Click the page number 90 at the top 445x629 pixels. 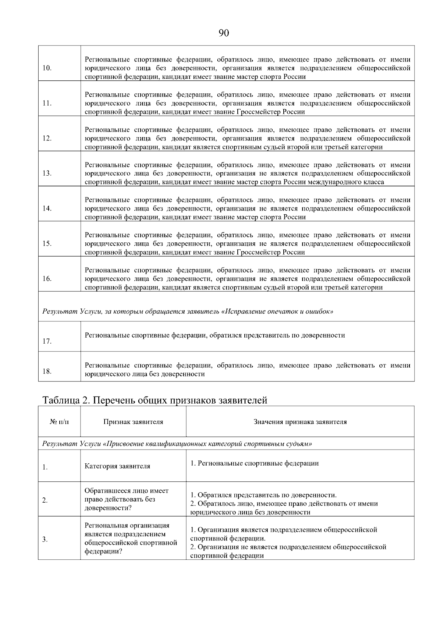[x=224, y=33]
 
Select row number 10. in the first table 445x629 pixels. [x=47, y=68]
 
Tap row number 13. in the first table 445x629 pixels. [x=47, y=173]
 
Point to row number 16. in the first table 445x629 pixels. [x=47, y=278]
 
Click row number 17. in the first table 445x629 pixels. [x=47, y=341]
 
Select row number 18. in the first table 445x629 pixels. [x=47, y=371]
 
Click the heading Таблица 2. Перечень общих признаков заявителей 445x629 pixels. [x=155, y=400]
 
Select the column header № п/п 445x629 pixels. [x=59, y=422]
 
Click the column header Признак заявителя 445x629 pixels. [x=133, y=422]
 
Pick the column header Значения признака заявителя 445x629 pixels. [x=300, y=422]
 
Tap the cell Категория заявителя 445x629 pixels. [x=117, y=466]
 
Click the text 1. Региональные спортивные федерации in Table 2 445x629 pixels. [x=254, y=463]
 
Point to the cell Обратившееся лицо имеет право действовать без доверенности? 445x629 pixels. [x=126, y=499]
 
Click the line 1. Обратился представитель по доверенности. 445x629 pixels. [x=263, y=495]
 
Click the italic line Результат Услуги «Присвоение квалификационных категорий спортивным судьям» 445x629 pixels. [x=177, y=444]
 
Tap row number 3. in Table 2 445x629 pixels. [x=45, y=539]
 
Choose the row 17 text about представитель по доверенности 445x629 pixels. [x=215, y=335]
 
